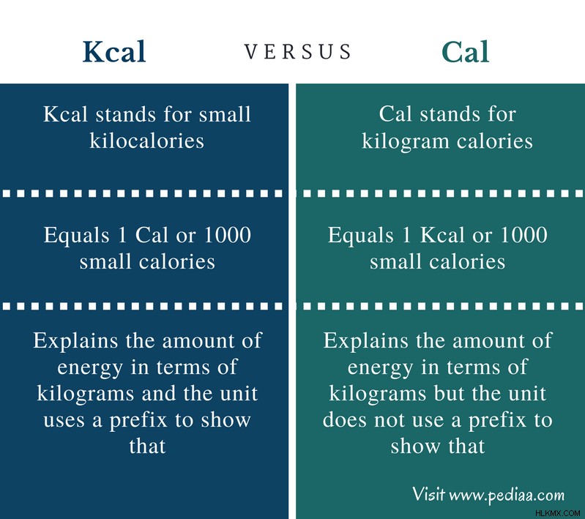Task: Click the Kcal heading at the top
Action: point(114,51)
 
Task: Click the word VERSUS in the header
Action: point(298,51)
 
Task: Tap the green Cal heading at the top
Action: point(465,51)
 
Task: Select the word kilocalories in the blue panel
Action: point(146,141)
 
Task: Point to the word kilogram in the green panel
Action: point(406,142)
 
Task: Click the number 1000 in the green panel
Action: point(523,235)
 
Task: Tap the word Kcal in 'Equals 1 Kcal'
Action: point(443,235)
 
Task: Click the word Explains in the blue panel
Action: point(75,341)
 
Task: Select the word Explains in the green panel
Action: point(365,341)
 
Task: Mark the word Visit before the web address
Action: point(428,494)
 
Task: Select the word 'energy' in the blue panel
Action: point(90,368)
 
